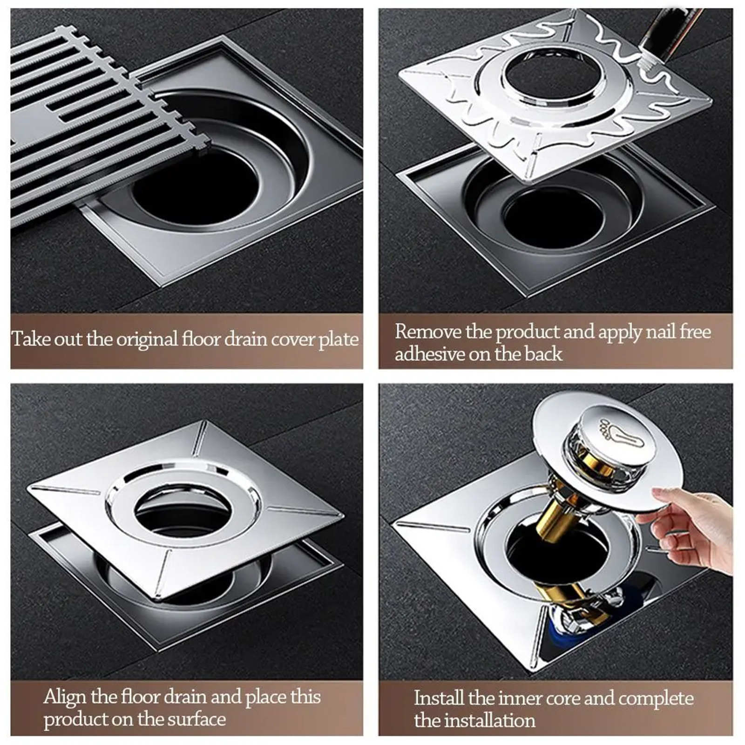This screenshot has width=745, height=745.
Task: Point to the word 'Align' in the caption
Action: point(65,698)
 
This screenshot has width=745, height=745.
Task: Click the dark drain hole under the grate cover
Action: point(196,186)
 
